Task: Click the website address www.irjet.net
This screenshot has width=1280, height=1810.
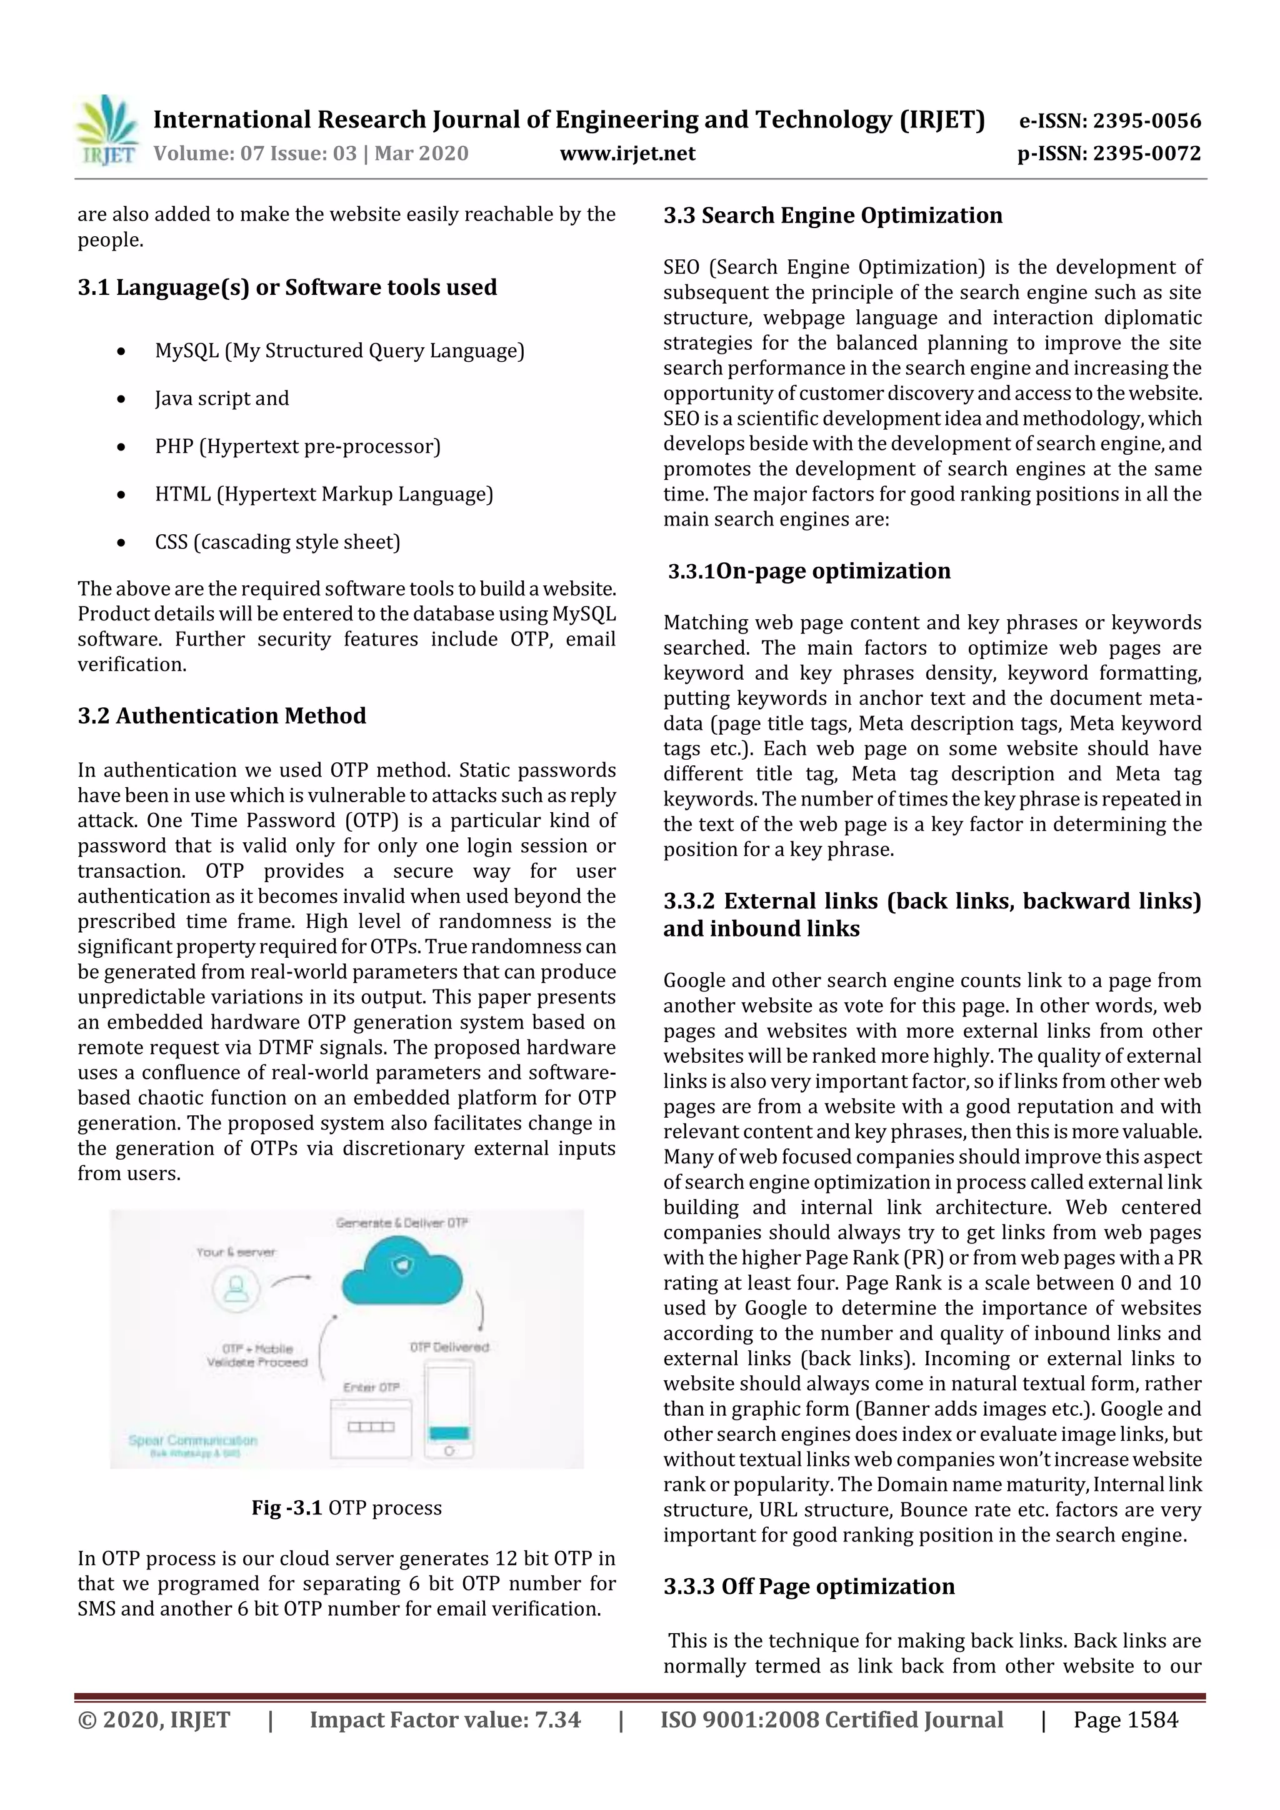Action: pyautogui.click(x=627, y=153)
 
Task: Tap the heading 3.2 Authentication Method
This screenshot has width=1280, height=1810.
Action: pyautogui.click(x=222, y=716)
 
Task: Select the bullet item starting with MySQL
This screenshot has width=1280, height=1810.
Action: pyautogui.click(x=339, y=351)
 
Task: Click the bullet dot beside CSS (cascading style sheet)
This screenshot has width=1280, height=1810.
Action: pyautogui.click(x=121, y=543)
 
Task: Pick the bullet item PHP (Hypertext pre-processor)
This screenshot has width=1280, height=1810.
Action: pyautogui.click(x=297, y=446)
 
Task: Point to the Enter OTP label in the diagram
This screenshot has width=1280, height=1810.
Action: pyautogui.click(x=371, y=1386)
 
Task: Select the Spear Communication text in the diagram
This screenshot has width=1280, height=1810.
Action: pyautogui.click(x=192, y=1440)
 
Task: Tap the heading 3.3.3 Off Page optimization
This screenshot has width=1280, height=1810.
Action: pyautogui.click(x=808, y=1586)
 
